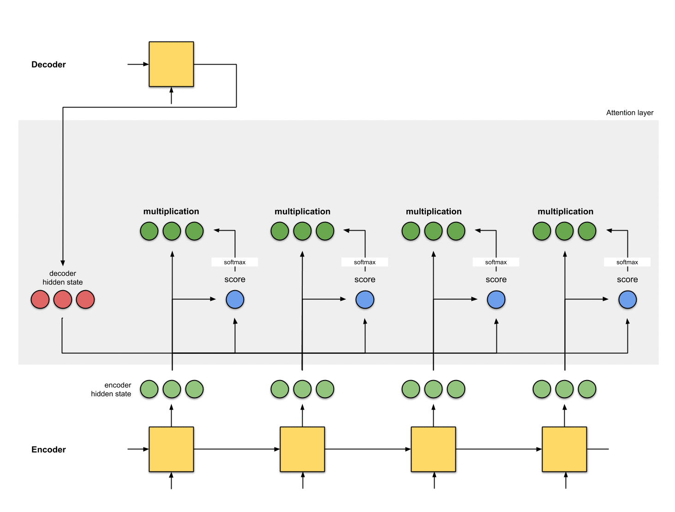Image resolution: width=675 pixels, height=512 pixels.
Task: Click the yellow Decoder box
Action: tap(171, 64)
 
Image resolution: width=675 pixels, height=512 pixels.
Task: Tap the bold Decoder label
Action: tap(48, 65)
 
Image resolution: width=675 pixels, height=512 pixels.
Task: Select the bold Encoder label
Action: tap(48, 450)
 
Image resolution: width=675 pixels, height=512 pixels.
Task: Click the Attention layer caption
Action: tap(629, 113)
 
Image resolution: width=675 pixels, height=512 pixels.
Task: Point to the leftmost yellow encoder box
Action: tap(171, 449)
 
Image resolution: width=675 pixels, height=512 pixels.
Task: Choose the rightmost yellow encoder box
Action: tap(564, 449)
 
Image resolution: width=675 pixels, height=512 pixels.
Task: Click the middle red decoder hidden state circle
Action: tap(63, 300)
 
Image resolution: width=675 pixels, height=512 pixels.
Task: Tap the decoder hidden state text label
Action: tap(63, 278)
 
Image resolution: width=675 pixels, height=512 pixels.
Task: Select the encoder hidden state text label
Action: tap(111, 389)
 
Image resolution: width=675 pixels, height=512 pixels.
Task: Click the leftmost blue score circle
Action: tap(235, 300)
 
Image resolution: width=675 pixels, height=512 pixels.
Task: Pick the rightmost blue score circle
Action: tap(627, 300)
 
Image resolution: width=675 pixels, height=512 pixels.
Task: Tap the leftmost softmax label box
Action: tap(235, 262)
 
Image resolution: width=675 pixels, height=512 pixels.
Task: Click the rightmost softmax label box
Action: tap(627, 262)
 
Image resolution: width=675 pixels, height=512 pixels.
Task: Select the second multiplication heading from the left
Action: tap(302, 211)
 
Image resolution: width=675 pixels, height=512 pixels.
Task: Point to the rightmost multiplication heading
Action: tap(565, 211)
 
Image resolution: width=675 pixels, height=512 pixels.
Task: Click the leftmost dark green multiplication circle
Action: tap(149, 231)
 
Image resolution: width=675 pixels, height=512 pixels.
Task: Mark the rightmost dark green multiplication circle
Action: tap(587, 231)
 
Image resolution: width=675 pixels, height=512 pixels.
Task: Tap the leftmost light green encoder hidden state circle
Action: tap(149, 389)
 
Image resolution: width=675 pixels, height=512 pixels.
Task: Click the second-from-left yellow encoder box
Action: tap(302, 449)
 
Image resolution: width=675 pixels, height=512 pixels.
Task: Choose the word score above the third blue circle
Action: tap(496, 280)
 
